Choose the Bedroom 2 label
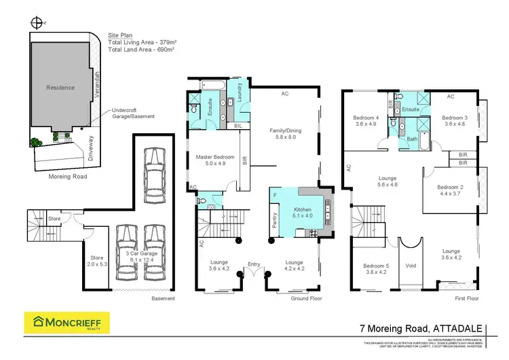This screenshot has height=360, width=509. pos(450,190)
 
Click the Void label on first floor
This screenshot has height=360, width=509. pos(410,266)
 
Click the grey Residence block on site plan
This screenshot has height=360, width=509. pos(60,88)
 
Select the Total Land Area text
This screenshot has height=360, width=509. pos(141,50)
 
